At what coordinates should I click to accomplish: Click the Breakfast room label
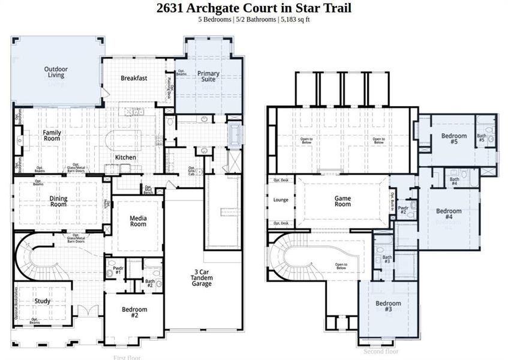tap(134, 78)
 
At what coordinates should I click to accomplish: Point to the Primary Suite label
tap(208, 77)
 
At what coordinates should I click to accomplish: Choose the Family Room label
tap(53, 135)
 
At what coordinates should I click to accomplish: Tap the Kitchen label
tap(125, 158)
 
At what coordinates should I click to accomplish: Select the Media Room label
tap(138, 221)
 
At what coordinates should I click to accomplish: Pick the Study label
tap(42, 301)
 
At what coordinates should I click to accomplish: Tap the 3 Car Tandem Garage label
tap(202, 278)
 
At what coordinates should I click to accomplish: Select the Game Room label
tap(342, 201)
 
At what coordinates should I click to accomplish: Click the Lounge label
tap(281, 200)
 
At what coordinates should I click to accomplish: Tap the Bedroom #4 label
tap(449, 214)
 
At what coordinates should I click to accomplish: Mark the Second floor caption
tap(380, 352)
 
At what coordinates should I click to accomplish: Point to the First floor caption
tap(127, 357)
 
